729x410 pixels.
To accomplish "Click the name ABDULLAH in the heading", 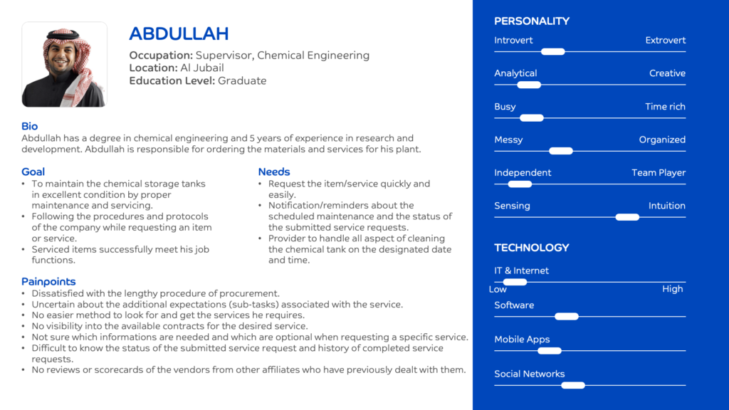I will (179, 33).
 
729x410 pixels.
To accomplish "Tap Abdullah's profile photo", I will (64, 65).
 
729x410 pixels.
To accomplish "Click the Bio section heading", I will (30, 126).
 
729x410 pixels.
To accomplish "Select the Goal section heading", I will (33, 172).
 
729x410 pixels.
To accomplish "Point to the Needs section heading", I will (274, 172).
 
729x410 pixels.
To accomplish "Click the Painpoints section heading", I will (48, 281).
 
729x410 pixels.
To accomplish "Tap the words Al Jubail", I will (202, 68).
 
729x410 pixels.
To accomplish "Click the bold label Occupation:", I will (161, 56).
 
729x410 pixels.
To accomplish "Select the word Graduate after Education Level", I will (242, 81).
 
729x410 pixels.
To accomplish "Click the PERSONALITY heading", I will (532, 21).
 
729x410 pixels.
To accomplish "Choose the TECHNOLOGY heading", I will (532, 248).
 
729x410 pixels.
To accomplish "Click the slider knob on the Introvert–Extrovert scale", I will (552, 51).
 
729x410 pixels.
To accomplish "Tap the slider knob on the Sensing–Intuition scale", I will (627, 217).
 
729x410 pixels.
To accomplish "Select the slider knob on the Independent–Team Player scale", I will (520, 184).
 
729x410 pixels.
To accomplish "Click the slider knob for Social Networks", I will (573, 385).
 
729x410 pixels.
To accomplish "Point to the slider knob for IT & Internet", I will (515, 282).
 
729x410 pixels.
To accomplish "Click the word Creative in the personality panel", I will (667, 73).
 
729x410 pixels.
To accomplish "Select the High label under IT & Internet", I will (672, 289).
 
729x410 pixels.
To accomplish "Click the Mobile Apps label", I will (522, 340).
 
